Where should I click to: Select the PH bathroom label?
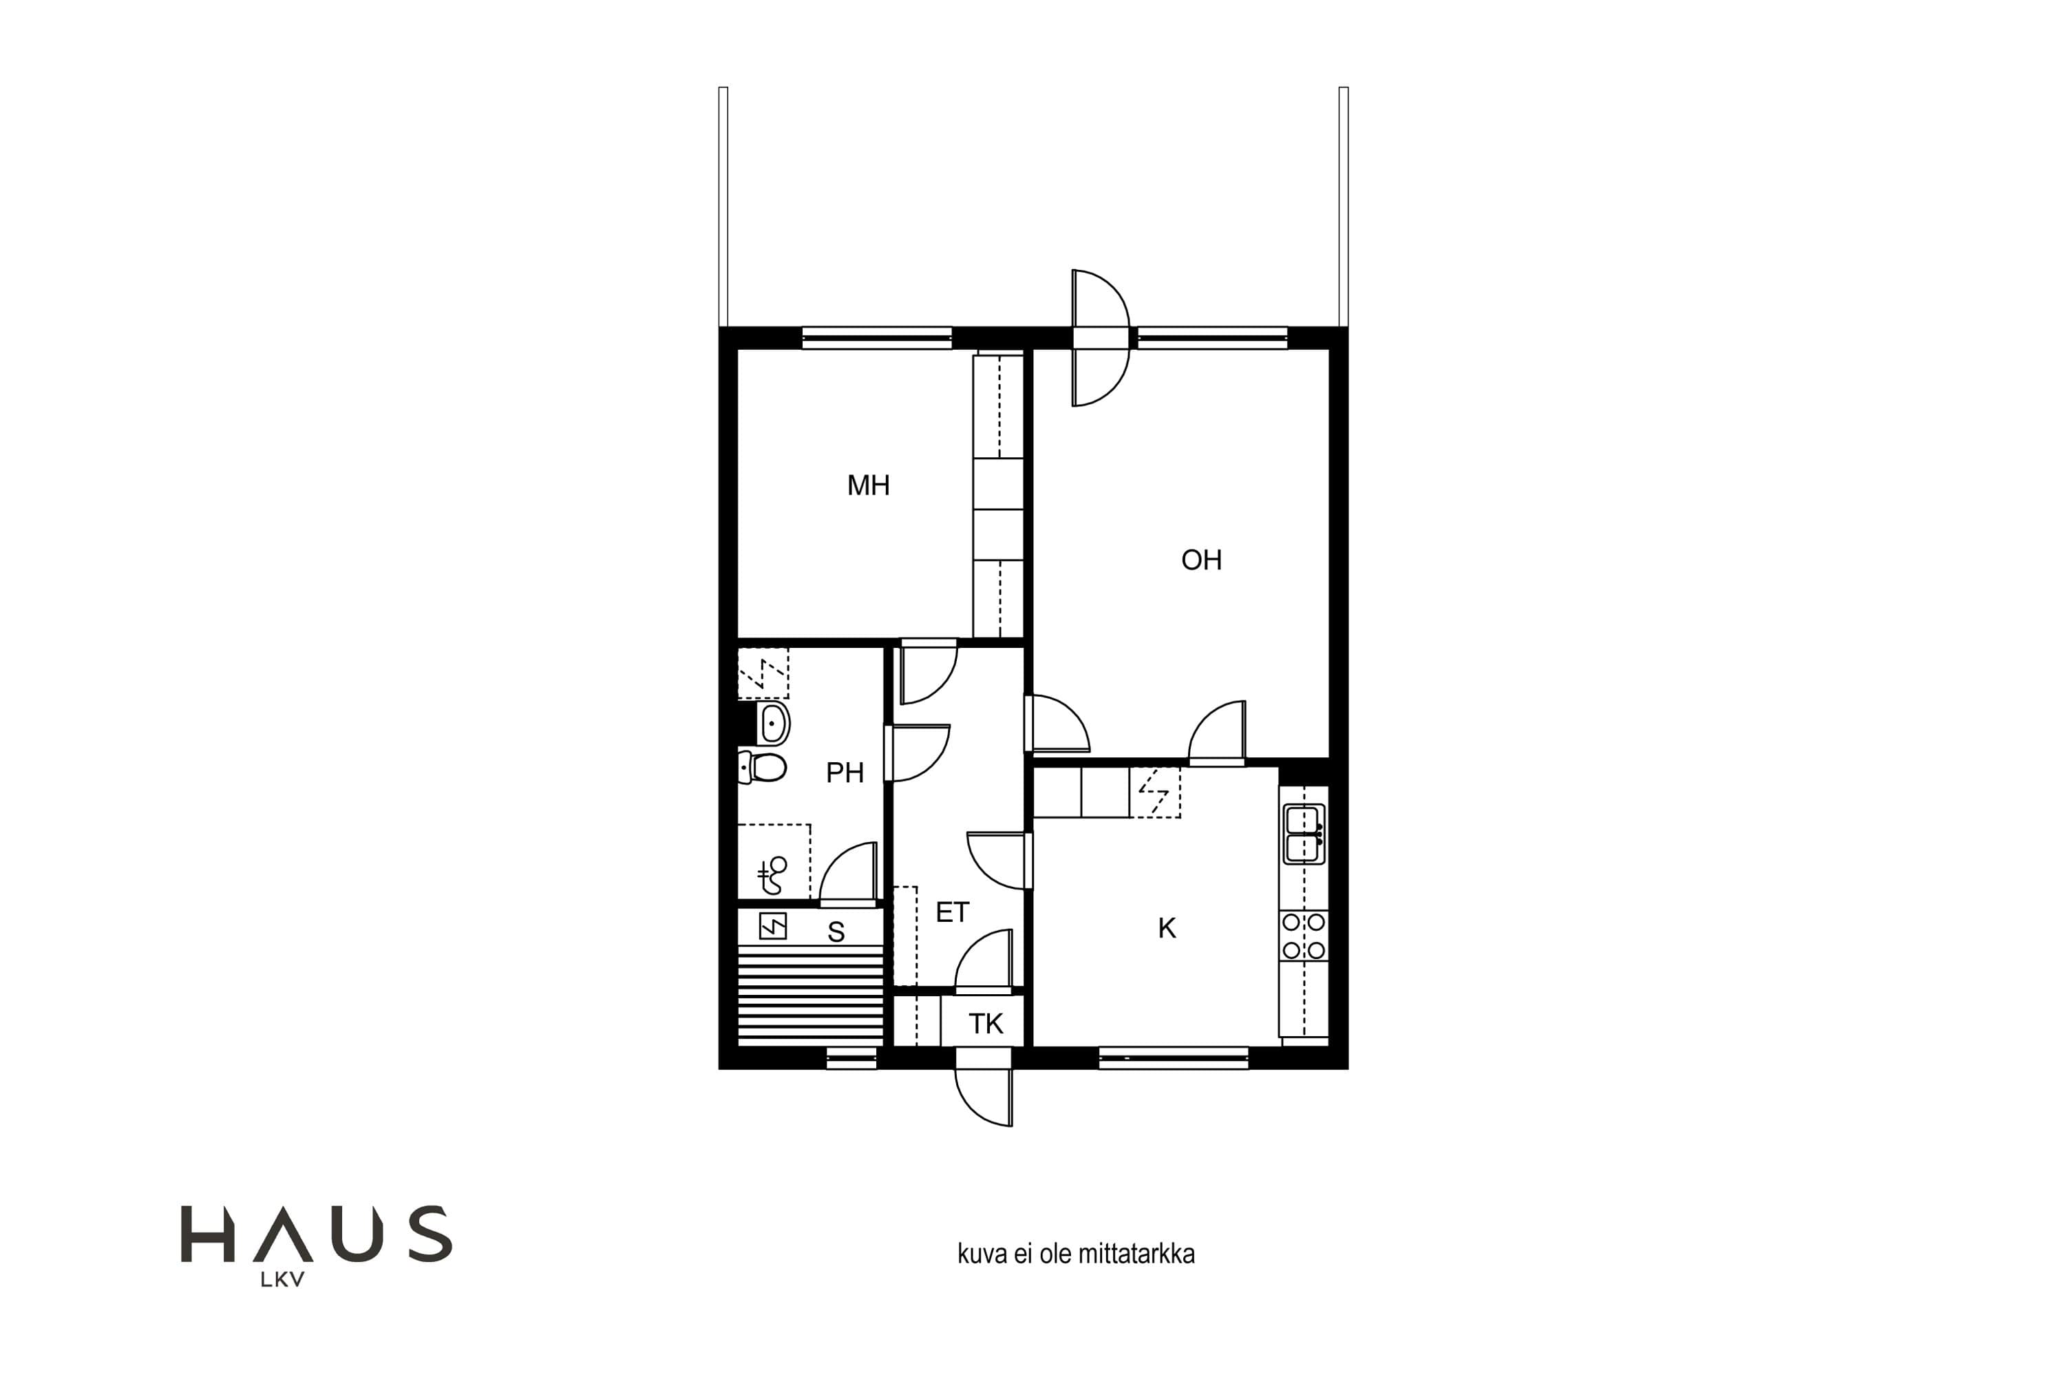tap(845, 772)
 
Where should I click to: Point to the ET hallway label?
tap(953, 912)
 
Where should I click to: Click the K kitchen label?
tap(1167, 927)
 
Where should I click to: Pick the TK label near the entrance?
tap(986, 1023)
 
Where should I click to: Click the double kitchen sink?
tap(1304, 834)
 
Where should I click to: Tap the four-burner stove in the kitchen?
tap(1304, 936)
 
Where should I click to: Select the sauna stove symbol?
tap(772, 927)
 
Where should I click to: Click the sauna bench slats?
tap(809, 995)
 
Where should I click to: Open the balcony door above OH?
tap(1100, 338)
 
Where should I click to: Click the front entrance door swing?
tap(984, 1097)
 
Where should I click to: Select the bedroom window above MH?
tap(877, 338)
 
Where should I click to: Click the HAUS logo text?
tap(316, 1234)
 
